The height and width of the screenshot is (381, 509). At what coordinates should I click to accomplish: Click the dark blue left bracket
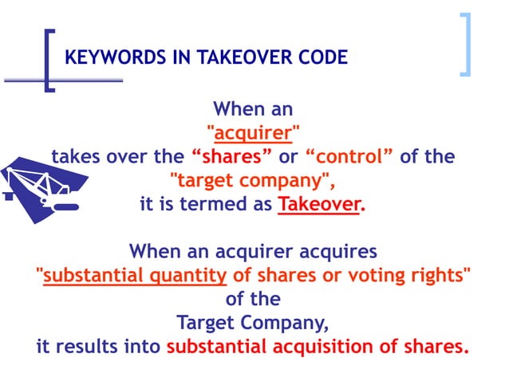point(50,61)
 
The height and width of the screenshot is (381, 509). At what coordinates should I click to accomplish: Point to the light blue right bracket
point(465,45)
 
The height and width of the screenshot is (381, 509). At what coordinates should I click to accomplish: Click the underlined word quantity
point(189,276)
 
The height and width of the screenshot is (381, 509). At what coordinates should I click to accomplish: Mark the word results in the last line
point(86,348)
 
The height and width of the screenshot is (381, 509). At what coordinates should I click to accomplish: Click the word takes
point(74,155)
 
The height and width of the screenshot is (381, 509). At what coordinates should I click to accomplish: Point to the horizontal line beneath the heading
point(64,80)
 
